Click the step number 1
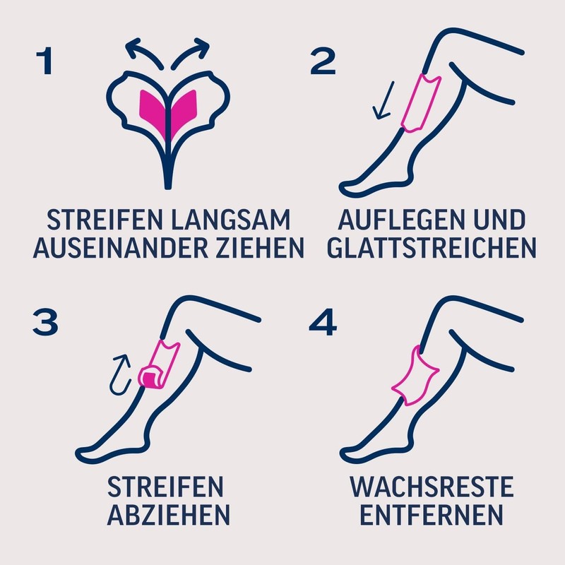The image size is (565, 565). pyautogui.click(x=44, y=62)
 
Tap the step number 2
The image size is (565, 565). pyautogui.click(x=323, y=62)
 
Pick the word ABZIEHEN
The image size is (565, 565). pyautogui.click(x=166, y=513)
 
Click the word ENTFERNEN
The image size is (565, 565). pyautogui.click(x=432, y=513)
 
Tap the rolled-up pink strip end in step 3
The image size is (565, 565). pyautogui.click(x=150, y=376)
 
